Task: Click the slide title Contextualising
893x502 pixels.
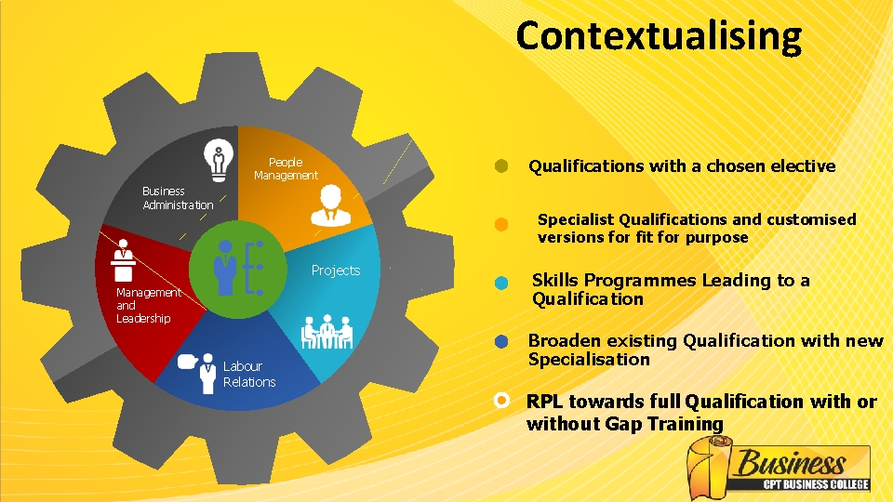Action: tap(659, 36)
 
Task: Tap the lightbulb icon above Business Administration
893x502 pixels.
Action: tap(219, 159)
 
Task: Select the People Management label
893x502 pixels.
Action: tap(286, 168)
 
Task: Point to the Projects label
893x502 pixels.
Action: tap(335, 271)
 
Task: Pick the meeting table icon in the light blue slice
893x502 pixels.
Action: tap(327, 331)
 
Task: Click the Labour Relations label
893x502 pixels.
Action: tap(248, 374)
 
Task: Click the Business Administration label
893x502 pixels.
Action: tap(178, 198)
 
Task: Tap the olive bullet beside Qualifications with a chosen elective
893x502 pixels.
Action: tap(501, 166)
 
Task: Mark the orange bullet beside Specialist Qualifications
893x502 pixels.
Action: tap(501, 224)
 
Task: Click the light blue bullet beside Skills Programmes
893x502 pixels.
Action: tap(501, 283)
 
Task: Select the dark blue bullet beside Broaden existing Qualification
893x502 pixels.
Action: tap(501, 341)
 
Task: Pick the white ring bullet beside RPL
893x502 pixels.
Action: tap(501, 401)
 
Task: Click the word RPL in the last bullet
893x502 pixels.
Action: tap(546, 402)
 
